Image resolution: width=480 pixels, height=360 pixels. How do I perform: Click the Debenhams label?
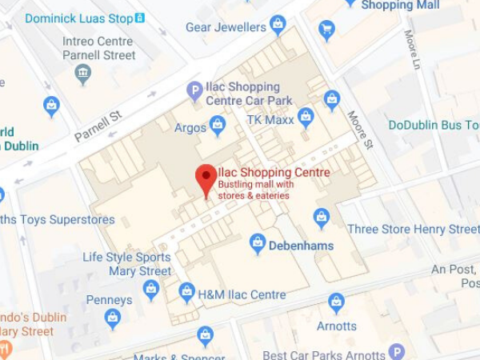click(x=301, y=246)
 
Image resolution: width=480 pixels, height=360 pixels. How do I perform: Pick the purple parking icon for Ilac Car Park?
click(x=194, y=92)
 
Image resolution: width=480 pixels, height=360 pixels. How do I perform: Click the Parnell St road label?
click(x=97, y=126)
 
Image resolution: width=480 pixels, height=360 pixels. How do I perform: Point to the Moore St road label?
click(x=360, y=130)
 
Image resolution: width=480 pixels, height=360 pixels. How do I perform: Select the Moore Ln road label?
click(x=413, y=50)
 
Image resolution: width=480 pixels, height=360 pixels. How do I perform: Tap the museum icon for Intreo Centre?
click(x=82, y=74)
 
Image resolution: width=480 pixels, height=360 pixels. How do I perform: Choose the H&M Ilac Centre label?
click(x=242, y=294)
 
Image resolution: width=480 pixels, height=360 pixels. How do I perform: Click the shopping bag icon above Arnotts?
click(x=336, y=302)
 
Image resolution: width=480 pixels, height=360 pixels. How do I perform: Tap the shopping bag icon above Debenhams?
click(x=257, y=242)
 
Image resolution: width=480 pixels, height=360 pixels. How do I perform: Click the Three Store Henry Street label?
click(x=413, y=230)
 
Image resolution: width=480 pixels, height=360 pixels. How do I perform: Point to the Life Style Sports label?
click(x=126, y=258)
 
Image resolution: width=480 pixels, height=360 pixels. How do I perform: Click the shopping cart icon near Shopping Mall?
click(x=326, y=30)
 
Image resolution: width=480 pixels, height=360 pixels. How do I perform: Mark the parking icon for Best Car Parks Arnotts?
click(x=396, y=351)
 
